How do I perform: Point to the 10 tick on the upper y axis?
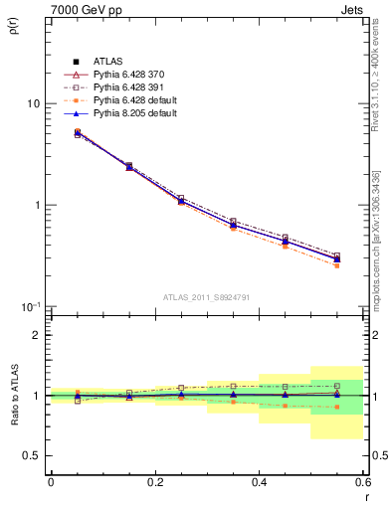pos(33,103)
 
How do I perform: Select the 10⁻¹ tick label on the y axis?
pos(30,306)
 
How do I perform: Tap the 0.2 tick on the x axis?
pos(154,482)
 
